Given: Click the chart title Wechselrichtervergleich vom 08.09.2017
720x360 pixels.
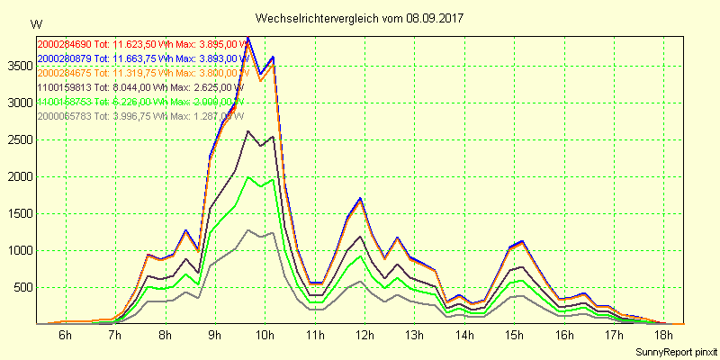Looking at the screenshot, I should click(360, 18).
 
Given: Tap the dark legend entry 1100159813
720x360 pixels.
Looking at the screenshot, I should click(139, 87).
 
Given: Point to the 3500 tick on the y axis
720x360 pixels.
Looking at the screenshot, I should click(18, 66).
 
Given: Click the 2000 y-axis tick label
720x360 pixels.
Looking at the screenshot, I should click(18, 176).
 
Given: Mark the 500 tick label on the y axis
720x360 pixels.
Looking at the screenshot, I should click(22, 287).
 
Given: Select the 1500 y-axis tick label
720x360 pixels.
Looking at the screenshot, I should click(18, 213).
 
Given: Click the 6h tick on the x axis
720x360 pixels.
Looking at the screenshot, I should click(65, 335).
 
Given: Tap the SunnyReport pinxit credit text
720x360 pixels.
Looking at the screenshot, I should click(674, 351).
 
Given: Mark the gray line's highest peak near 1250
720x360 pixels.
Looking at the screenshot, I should click(248, 230).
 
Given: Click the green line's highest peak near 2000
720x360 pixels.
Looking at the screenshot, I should click(248, 177).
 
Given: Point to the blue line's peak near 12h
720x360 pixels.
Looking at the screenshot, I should click(360, 198).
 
